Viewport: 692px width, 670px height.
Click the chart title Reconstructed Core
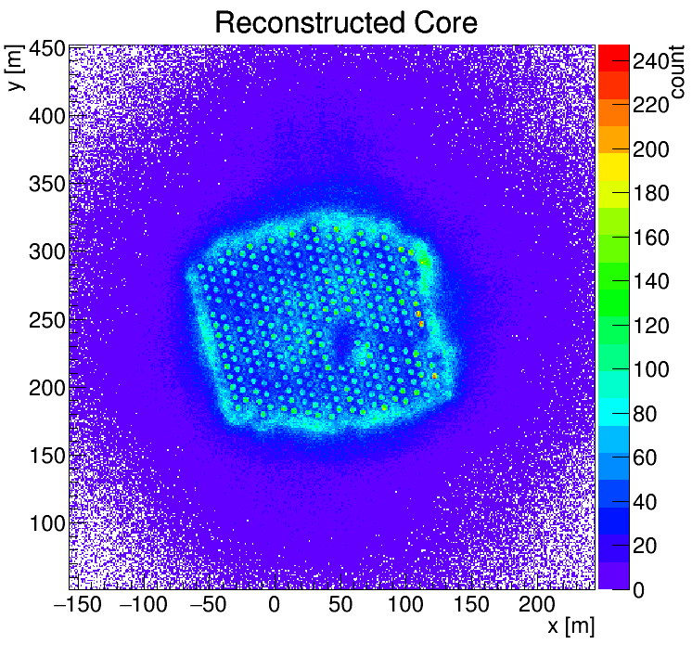[345, 22]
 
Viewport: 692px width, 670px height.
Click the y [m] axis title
[16, 71]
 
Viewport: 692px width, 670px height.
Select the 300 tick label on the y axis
[45, 251]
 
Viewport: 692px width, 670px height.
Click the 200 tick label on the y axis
[45, 387]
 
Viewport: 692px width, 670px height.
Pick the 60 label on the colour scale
[647, 458]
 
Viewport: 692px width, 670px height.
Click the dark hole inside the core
[342, 344]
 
